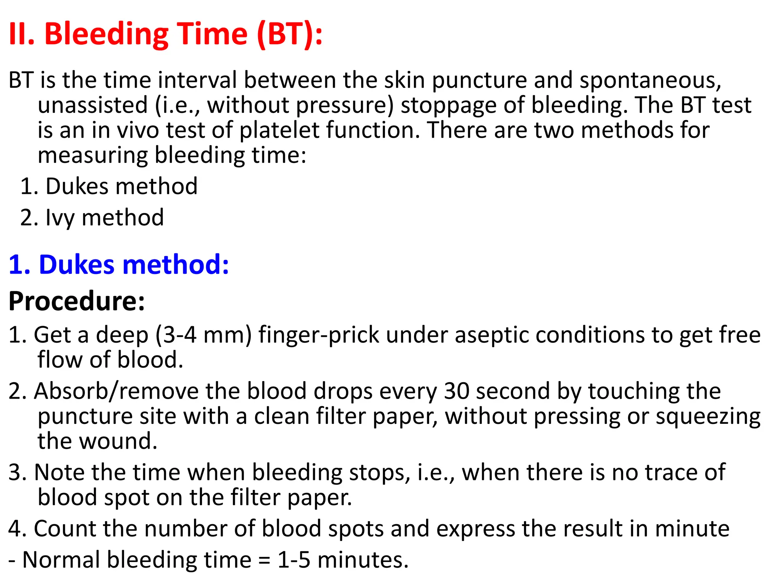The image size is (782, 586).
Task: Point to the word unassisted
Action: (x=93, y=105)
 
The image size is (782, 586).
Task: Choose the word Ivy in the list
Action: (x=60, y=218)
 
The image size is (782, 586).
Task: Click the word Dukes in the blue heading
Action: (x=76, y=264)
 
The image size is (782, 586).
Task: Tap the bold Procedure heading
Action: (x=77, y=301)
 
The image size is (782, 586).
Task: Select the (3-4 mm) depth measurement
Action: (x=204, y=335)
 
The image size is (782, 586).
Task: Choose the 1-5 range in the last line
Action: (x=294, y=560)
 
